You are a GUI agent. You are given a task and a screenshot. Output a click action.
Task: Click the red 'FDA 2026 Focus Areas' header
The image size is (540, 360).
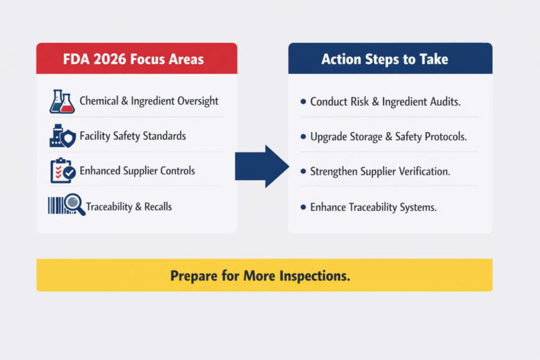click(136, 58)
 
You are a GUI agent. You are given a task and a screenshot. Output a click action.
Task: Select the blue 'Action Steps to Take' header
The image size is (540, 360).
click(390, 58)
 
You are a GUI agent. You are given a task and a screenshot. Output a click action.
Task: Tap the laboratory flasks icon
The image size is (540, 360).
click(62, 101)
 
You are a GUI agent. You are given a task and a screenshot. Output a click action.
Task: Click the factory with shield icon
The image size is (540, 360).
click(62, 136)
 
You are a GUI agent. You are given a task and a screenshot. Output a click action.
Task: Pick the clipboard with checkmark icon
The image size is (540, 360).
click(62, 171)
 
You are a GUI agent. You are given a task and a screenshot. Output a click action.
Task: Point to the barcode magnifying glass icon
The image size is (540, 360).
click(66, 206)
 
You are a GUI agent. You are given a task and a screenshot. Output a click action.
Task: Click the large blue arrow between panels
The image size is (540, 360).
click(262, 167)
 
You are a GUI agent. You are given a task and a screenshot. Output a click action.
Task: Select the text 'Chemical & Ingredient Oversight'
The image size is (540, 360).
click(148, 101)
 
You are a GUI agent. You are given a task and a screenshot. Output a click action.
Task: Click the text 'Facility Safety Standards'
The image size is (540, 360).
click(133, 136)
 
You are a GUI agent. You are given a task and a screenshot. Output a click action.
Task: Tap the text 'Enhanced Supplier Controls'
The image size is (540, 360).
click(137, 171)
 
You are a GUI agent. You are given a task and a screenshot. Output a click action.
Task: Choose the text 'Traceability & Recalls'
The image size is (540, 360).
click(129, 207)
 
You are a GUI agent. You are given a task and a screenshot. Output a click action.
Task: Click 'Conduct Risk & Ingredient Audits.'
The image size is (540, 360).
click(385, 102)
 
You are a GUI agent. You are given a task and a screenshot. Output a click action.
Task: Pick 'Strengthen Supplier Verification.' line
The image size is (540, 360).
click(380, 172)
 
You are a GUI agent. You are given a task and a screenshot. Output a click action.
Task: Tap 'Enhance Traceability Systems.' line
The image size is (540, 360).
click(373, 207)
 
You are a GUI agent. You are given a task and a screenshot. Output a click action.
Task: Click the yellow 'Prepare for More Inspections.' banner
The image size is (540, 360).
click(264, 275)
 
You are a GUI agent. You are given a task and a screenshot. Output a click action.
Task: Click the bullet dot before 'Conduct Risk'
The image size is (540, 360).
click(303, 103)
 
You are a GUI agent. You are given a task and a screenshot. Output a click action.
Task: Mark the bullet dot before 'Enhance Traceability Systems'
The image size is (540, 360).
click(303, 207)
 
